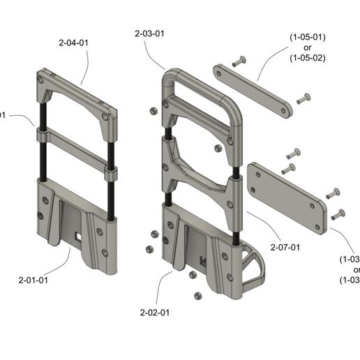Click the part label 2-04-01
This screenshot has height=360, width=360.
click(x=73, y=43)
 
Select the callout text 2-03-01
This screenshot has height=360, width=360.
click(x=150, y=33)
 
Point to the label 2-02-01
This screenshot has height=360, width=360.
click(x=155, y=312)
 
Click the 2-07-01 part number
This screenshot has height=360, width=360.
click(x=285, y=247)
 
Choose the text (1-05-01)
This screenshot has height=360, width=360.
click(x=308, y=36)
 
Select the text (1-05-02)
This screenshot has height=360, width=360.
click(x=308, y=58)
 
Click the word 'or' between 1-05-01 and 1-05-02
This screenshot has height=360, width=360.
click(x=308, y=47)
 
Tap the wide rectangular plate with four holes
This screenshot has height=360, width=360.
click(x=286, y=197)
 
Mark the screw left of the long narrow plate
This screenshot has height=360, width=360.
click(x=241, y=60)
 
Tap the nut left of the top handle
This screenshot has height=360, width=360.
click(x=151, y=111)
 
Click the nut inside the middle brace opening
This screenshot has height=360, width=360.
click(x=217, y=149)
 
